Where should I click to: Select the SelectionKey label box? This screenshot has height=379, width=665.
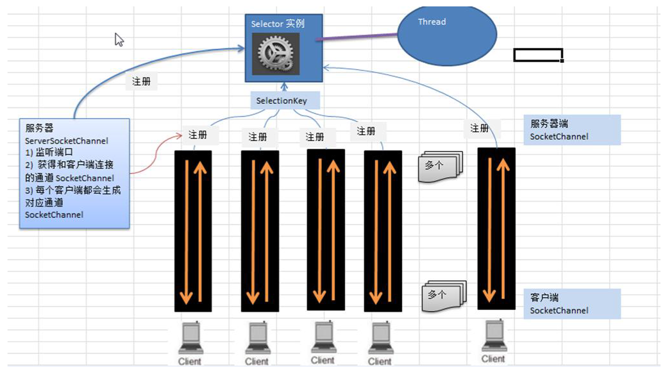tap(281, 101)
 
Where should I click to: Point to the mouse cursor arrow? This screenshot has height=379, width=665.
tap(119, 39)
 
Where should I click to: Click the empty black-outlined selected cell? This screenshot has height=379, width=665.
tap(538, 55)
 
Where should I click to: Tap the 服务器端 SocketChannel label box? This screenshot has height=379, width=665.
tap(572, 130)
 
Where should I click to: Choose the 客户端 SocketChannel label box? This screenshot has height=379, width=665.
tap(572, 304)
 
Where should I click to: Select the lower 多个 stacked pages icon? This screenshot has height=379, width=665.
tap(443, 296)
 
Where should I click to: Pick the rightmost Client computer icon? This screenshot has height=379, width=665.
tap(493, 337)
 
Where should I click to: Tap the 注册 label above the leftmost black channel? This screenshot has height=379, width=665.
tap(198, 135)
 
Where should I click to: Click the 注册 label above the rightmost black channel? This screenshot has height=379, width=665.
tap(480, 128)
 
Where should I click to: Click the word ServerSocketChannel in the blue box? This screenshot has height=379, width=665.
tap(67, 140)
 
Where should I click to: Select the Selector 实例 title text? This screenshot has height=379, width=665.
tap(278, 24)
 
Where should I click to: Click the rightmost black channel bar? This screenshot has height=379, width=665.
tap(496, 228)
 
